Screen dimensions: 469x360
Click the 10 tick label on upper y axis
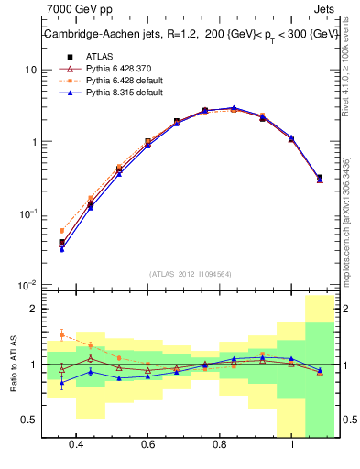point(29,70)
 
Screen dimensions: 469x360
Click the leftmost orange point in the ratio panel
point(61,335)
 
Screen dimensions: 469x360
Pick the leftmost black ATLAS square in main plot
point(61,243)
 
